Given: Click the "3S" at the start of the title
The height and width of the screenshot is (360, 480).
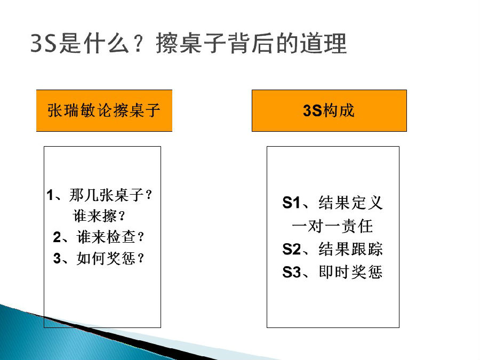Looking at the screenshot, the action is tap(44, 43).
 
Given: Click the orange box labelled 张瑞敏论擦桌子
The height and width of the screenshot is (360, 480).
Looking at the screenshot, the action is tap(104, 110).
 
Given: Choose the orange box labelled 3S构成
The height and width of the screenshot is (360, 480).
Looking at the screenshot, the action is tap(329, 110).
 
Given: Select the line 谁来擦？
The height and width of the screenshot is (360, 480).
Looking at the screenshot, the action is tap(99, 216).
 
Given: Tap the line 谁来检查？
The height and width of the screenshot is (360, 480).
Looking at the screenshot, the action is tap(110, 237).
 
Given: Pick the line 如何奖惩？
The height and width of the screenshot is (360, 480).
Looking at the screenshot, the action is tap(110, 258).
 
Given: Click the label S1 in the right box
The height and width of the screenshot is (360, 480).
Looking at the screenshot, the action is tap(291, 203).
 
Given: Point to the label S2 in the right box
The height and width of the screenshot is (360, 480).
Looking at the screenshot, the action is tap(291, 249).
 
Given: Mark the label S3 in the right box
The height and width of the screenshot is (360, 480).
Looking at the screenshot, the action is tap(291, 272).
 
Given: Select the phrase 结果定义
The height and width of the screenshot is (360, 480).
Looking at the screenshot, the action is tap(350, 203).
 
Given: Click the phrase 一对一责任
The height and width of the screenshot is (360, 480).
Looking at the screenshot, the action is tap(332, 226).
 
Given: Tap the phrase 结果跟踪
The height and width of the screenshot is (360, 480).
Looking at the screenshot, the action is tap(350, 249).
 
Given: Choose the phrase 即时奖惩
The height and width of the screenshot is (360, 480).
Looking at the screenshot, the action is tap(350, 272).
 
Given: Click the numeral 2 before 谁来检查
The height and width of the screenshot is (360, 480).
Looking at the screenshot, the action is tap(57, 237).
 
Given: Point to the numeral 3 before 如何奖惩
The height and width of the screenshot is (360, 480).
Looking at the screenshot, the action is tap(57, 258).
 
